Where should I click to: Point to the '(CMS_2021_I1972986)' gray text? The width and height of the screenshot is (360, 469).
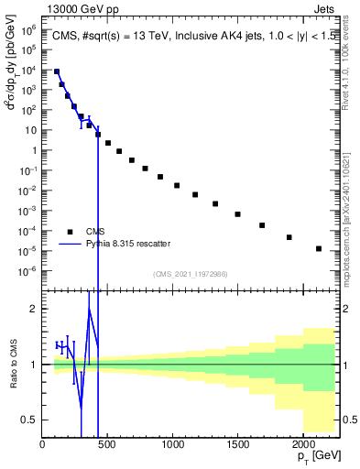point(190,274)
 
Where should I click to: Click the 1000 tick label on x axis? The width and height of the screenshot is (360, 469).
point(172,444)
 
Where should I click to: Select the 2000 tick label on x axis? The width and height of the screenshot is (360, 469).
point(302,444)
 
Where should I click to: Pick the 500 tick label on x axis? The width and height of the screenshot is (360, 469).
point(107,444)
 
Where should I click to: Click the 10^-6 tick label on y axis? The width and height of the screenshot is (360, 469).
point(27,270)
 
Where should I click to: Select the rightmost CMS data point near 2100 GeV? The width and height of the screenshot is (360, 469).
point(318,248)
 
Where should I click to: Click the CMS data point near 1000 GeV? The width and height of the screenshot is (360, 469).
point(177,186)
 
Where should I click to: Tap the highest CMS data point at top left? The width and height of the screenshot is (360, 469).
point(57,71)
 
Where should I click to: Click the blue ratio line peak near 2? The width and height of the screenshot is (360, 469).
point(89,310)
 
